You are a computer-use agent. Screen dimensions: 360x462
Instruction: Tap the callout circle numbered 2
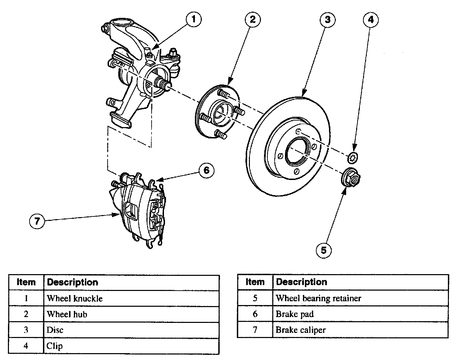pyautogui.click(x=253, y=19)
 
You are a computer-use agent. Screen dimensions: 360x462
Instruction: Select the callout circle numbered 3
pyautogui.click(x=328, y=20)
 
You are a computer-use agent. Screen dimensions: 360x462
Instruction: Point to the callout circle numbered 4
pyautogui.click(x=371, y=20)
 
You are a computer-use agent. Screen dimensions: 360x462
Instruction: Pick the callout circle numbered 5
pyautogui.click(x=323, y=250)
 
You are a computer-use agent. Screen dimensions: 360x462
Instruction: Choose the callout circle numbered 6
pyautogui.click(x=206, y=170)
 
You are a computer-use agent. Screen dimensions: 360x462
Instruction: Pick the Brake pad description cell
pyautogui.click(x=360, y=314)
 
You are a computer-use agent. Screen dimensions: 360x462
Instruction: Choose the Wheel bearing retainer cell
pyautogui.click(x=360, y=298)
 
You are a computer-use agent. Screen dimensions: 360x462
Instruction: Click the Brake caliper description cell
pyautogui.click(x=360, y=330)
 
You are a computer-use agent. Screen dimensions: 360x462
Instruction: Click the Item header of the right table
pyautogui.click(x=255, y=282)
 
